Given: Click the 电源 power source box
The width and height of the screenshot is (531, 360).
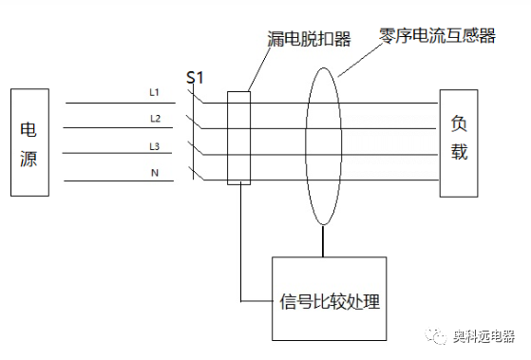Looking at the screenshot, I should pos(28,142).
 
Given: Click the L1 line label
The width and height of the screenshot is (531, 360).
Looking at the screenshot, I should pos(155,92).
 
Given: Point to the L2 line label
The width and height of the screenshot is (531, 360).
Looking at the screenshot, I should pos(155,119).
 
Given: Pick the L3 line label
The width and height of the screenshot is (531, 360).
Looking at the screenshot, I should pos(155,145).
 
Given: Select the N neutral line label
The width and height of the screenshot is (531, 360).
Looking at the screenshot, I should pos(155,172).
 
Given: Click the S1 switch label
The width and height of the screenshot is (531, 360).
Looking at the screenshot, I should pos(196,77).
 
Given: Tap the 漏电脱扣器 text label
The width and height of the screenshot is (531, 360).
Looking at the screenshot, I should pos(309,39).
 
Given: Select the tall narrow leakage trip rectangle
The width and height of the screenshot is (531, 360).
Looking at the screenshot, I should pos(239,138).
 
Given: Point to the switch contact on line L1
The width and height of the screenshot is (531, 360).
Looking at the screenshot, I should pos(197,97).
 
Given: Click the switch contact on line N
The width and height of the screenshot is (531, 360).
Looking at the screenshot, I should pos(197,174).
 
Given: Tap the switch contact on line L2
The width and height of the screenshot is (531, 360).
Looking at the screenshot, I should pos(197,123).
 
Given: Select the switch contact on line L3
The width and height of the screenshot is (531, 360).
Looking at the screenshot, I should pos(197,148).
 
